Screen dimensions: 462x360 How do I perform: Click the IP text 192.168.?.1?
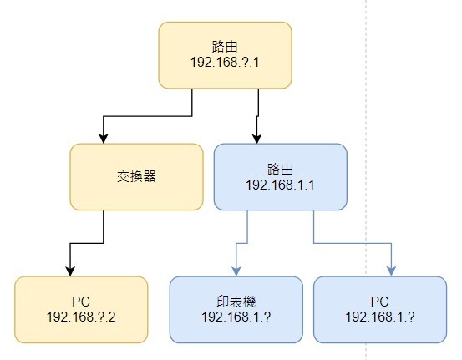[x=225, y=62]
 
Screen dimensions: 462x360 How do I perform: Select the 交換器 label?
[x=136, y=176]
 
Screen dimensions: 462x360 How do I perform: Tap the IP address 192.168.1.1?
[x=280, y=185]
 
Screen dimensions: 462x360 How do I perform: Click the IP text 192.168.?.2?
[x=81, y=317]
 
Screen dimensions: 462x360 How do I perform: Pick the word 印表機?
[x=236, y=302]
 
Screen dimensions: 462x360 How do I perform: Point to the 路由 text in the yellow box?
[x=225, y=47]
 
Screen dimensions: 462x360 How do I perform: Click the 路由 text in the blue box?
[x=280, y=170]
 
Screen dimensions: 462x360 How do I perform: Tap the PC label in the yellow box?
[x=81, y=302]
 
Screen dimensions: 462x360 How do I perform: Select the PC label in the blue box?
[x=380, y=302]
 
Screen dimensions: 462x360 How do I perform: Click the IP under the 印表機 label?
[x=236, y=317]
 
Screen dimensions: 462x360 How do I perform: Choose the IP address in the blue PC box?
[x=380, y=317]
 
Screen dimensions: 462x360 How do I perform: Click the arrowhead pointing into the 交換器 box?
[x=103, y=139]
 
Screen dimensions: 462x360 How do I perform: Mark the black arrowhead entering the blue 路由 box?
[x=257, y=139]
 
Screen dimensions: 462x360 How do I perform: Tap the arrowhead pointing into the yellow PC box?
[x=70, y=271]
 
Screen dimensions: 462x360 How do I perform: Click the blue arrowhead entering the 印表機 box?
[x=236, y=271]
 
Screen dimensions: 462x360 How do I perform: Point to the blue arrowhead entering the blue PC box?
[x=391, y=271]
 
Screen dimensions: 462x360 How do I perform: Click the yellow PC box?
[x=81, y=310]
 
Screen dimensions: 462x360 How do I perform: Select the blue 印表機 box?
[x=236, y=310]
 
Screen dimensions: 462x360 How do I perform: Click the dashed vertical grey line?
[x=366, y=180]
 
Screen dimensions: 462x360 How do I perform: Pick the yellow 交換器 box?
[x=136, y=177]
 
